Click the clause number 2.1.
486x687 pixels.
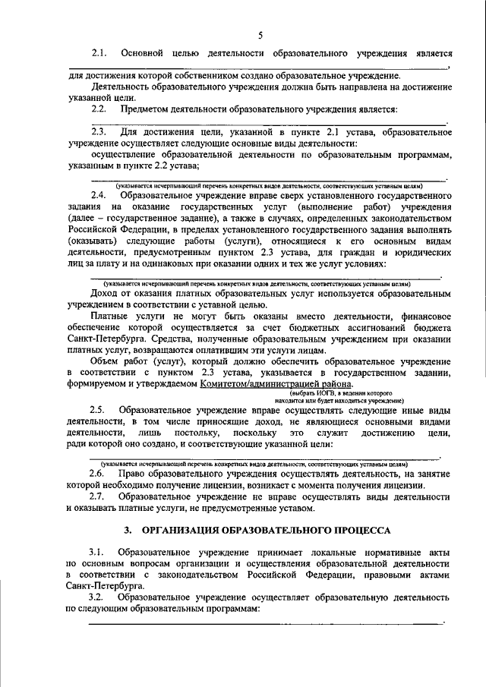100,54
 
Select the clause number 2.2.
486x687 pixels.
100,109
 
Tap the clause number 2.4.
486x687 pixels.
100,197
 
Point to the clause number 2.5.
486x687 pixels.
100,409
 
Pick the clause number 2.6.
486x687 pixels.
100,473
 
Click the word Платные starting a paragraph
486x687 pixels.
112,315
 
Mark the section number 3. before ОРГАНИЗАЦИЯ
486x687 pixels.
128,528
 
